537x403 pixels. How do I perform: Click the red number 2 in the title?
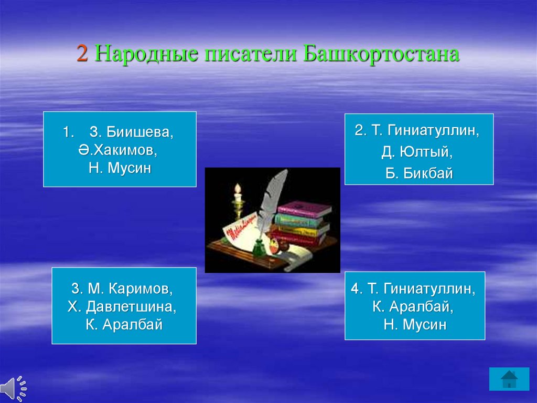pos(82,54)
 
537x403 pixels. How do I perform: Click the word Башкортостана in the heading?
pos(381,54)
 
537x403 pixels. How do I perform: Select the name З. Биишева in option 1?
pos(132,132)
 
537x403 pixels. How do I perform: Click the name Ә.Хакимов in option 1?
pos(118,150)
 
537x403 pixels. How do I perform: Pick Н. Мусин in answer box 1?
pos(120,168)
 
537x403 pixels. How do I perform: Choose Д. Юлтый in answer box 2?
pos(417,152)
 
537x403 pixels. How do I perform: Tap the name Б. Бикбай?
pos(419,173)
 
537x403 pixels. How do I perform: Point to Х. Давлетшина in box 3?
pos(122,306)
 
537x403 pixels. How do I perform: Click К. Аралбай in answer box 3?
pos(124,324)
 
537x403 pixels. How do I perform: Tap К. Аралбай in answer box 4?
pos(413,306)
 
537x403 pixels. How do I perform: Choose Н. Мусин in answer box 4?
pos(415,324)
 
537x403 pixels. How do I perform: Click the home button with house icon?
pos(509,379)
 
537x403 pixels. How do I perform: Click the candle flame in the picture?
pos(238,189)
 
